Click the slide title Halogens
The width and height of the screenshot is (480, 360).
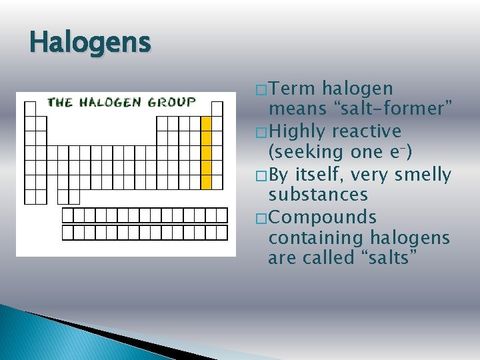(x=90, y=43)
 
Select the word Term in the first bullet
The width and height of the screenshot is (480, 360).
(x=295, y=89)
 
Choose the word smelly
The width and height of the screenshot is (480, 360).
(x=423, y=175)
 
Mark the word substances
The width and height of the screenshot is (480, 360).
(x=318, y=195)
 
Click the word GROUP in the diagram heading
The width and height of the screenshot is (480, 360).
(x=172, y=102)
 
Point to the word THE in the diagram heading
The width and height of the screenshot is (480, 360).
(x=59, y=102)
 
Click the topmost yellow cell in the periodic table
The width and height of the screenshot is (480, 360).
(x=206, y=124)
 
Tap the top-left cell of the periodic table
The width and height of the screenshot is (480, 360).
(x=30, y=109)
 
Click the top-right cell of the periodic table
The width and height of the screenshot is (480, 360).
(x=217, y=109)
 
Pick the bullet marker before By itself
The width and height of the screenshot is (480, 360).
(x=260, y=176)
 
